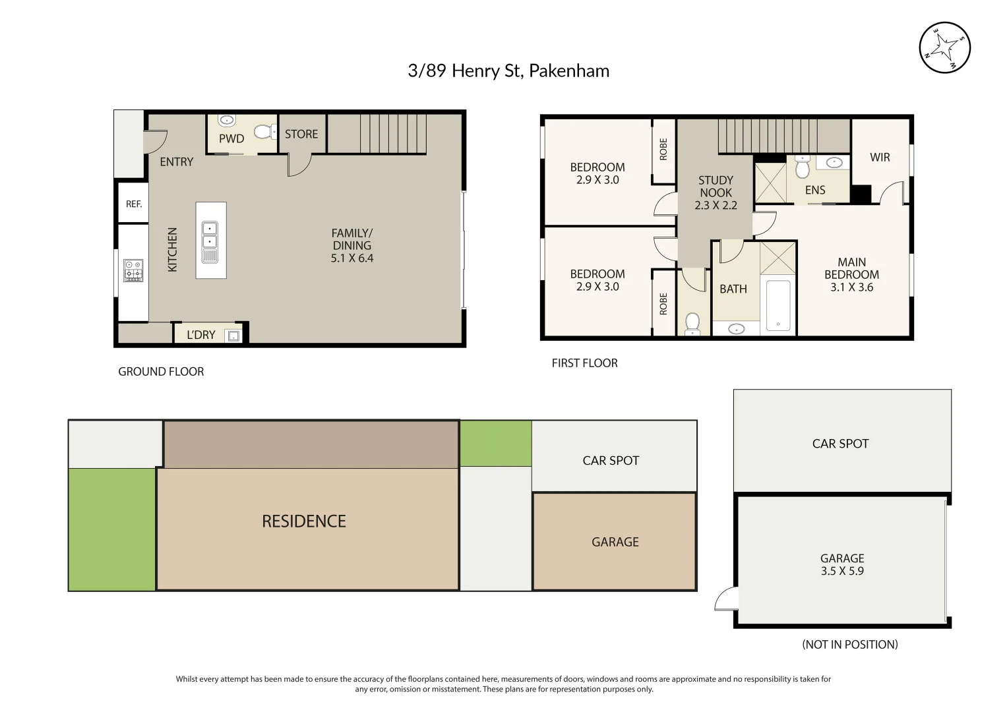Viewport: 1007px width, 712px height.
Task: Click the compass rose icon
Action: pos(944,47)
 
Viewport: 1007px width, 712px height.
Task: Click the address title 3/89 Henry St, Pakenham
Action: pos(508,71)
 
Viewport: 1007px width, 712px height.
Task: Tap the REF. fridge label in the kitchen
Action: pos(134,204)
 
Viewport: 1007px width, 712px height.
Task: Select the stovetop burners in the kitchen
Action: pos(133,270)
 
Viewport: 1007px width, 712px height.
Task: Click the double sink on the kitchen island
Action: pos(210,242)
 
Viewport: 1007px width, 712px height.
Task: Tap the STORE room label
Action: pos(301,134)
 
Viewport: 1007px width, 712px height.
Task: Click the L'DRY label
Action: pos(200,335)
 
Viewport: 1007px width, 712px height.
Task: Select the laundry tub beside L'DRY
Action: pos(233,336)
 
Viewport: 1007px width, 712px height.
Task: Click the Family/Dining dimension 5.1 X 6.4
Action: pos(351,258)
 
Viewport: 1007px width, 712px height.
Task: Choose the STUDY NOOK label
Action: pos(716,186)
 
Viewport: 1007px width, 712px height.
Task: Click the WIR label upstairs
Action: pos(880,157)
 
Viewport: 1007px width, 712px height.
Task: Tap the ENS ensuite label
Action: pos(815,190)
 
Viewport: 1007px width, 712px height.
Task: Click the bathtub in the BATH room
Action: pos(779,306)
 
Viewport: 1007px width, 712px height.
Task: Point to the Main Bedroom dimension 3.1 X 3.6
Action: pos(851,287)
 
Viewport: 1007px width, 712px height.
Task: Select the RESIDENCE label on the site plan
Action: pos(303,521)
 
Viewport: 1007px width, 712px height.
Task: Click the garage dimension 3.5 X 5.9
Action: pos(842,572)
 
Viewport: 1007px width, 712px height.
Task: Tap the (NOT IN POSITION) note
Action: pos(849,645)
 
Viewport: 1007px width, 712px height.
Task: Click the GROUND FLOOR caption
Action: pos(161,372)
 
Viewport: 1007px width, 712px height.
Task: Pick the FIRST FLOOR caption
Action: pos(584,363)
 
